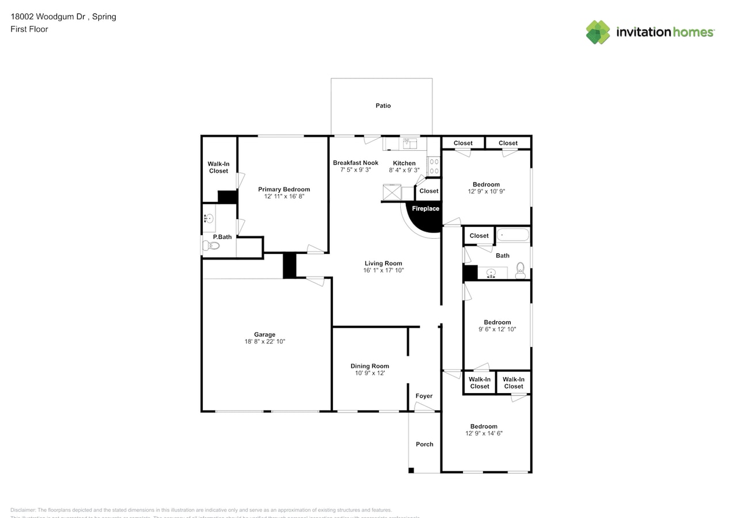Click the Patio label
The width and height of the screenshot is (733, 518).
tap(383, 106)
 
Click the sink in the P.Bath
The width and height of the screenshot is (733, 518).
tap(208, 218)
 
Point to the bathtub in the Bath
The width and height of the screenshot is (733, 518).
tap(513, 235)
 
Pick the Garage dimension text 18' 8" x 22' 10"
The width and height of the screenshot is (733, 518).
tap(265, 342)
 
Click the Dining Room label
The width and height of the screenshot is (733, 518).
tap(370, 366)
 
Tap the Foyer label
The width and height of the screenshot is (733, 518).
tap(424, 396)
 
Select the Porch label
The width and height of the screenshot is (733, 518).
tap(424, 444)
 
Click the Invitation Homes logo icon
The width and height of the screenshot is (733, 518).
tap(598, 32)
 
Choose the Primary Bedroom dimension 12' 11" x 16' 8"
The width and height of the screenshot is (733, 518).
tap(284, 197)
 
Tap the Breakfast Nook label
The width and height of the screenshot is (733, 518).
tap(355, 163)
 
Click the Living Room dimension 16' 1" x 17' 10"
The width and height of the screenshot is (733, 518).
tap(383, 271)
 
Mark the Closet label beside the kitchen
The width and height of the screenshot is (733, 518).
tap(428, 191)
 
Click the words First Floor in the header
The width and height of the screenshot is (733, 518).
tap(29, 29)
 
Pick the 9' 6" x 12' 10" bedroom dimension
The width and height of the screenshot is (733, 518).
tap(497, 330)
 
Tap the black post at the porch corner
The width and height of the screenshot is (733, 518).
tap(411, 470)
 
